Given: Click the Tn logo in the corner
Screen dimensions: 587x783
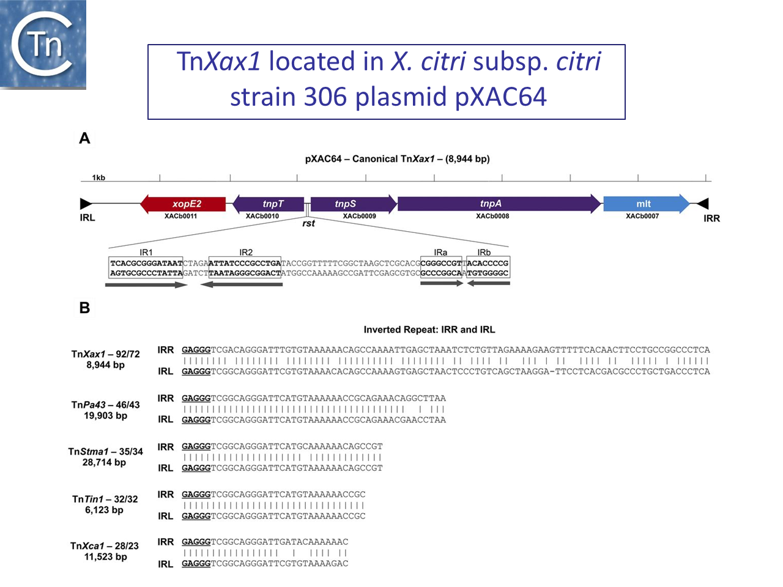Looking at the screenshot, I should pyautogui.click(x=43, y=44).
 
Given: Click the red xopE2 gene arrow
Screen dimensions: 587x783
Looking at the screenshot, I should pyautogui.click(x=183, y=204).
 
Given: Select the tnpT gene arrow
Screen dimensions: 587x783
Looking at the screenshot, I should pyautogui.click(x=269, y=204).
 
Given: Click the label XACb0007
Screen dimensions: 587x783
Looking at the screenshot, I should pyautogui.click(x=642, y=216).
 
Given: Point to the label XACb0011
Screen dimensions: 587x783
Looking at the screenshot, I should pyautogui.click(x=181, y=216).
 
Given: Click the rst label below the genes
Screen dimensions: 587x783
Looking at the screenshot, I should pyautogui.click(x=308, y=224).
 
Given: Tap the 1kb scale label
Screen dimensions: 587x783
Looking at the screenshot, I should pyautogui.click(x=98, y=178).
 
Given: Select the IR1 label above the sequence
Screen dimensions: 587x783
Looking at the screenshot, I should pyautogui.click(x=146, y=252).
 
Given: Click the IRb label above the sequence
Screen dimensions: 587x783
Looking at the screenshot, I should pyautogui.click(x=484, y=252).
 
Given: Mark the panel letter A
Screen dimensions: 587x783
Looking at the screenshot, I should pyautogui.click(x=85, y=139).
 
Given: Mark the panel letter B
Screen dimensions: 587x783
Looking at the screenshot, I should pyautogui.click(x=85, y=308).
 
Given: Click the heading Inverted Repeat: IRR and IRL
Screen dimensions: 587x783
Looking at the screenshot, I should pyautogui.click(x=429, y=330).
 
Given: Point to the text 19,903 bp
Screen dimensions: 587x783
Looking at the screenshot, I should pyautogui.click(x=106, y=416).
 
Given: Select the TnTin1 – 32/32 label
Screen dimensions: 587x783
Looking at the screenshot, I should pyautogui.click(x=105, y=499).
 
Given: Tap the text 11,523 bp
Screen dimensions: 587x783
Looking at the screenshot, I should pyautogui.click(x=106, y=557).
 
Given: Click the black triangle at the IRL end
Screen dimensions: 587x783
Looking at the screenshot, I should pyautogui.click(x=86, y=204).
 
